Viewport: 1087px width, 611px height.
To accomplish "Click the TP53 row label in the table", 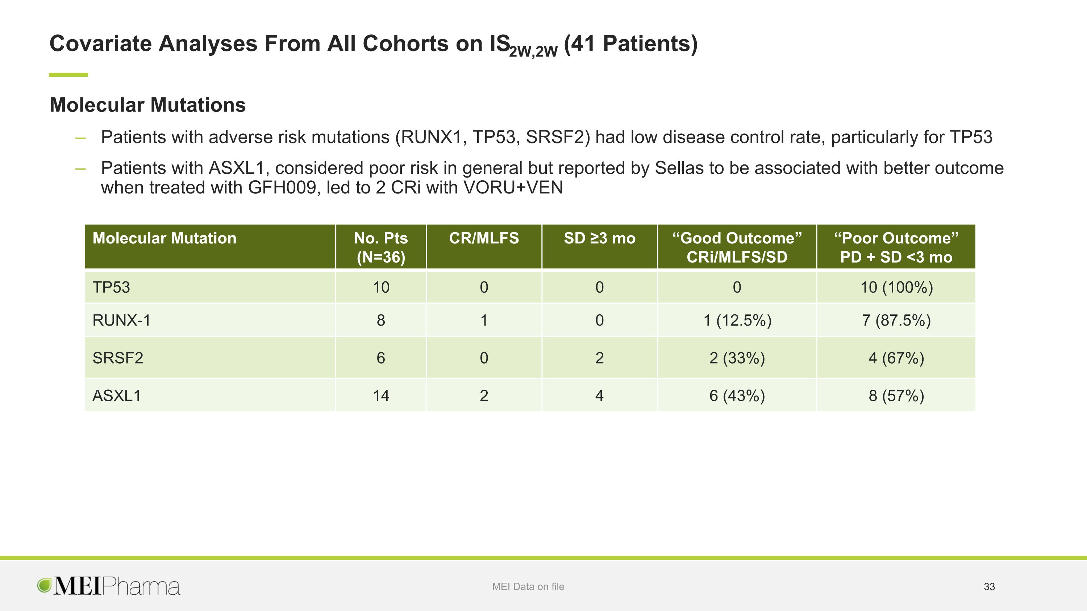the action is (x=111, y=287).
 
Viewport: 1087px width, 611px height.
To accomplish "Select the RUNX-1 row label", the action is (x=121, y=320).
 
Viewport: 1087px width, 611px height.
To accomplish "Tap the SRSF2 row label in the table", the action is (x=118, y=357).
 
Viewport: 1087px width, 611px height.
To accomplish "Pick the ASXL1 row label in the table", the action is (x=116, y=396).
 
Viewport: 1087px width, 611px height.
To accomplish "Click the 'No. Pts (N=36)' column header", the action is (x=380, y=247).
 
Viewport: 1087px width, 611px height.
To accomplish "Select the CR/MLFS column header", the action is (x=484, y=238).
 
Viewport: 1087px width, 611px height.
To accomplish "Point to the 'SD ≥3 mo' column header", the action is (x=599, y=238).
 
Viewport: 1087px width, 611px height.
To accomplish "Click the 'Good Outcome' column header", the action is (x=737, y=247).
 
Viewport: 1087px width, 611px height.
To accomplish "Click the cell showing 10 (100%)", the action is (x=896, y=287).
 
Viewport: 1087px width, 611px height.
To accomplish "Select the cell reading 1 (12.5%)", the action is (x=737, y=320).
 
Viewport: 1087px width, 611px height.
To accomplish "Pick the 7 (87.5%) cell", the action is (x=896, y=320).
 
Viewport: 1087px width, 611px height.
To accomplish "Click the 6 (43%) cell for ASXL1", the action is (x=737, y=396).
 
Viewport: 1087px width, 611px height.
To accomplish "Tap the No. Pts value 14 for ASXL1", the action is (x=380, y=396).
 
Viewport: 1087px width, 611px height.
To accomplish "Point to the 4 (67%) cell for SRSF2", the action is (x=896, y=357).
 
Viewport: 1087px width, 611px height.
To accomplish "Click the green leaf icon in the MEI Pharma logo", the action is (x=44, y=585).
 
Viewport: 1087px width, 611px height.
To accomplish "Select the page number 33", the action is (x=989, y=586).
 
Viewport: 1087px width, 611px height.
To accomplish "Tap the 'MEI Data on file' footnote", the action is (x=528, y=586).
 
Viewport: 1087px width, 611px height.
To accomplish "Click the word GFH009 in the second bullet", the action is (x=282, y=187).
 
